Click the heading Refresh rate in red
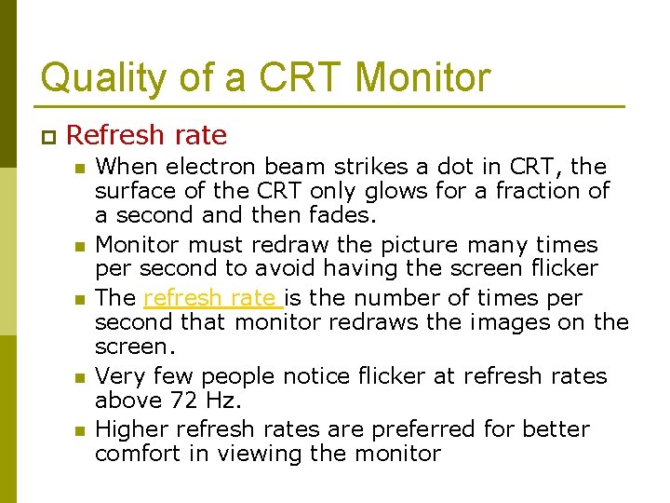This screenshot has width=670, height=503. pos(146,135)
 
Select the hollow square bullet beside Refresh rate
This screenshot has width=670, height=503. pos(47,137)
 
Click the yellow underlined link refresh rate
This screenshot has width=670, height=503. pos(212,298)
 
